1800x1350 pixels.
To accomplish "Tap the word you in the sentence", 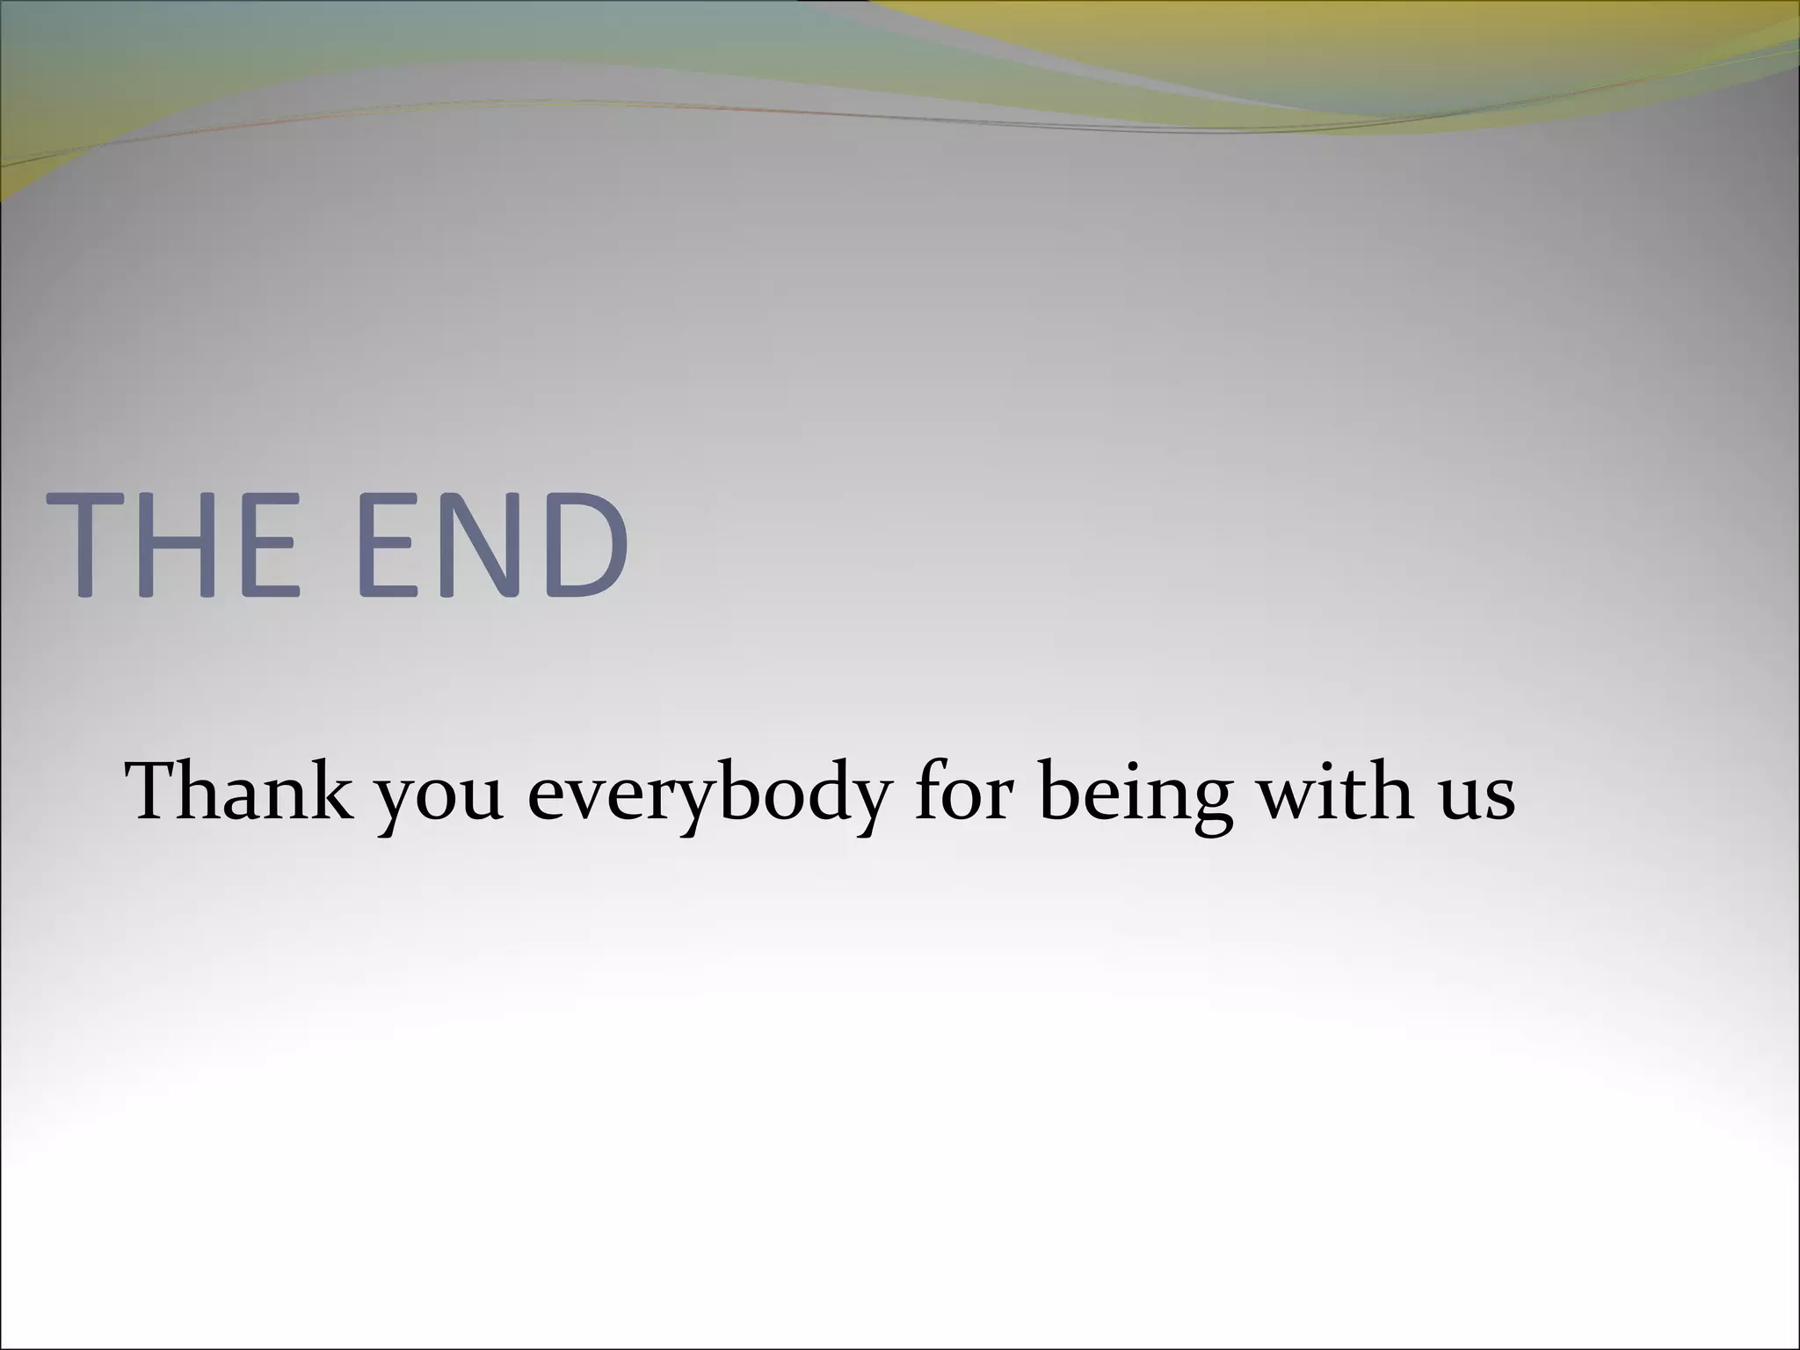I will click(x=439, y=795).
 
